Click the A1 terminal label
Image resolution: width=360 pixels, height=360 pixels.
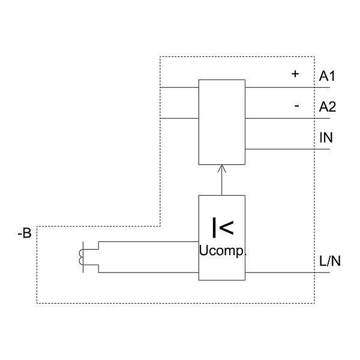(328, 76)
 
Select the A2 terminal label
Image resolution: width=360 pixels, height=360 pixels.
(328, 107)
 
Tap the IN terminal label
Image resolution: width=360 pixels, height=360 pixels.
(326, 138)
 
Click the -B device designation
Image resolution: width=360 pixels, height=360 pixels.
(24, 233)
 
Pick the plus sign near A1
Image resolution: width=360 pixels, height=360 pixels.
(295, 74)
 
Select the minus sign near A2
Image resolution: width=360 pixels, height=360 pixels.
(296, 106)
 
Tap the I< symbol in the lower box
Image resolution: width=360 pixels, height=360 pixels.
(222, 227)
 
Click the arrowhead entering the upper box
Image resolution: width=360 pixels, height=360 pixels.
(222, 169)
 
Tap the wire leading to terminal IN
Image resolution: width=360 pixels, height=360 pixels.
(288, 149)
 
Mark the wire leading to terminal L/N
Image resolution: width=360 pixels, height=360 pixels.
(288, 272)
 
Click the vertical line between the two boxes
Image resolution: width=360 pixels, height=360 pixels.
(222, 183)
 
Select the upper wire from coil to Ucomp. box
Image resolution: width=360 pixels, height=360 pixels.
(150, 242)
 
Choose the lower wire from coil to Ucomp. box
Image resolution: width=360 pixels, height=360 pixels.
(150, 272)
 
